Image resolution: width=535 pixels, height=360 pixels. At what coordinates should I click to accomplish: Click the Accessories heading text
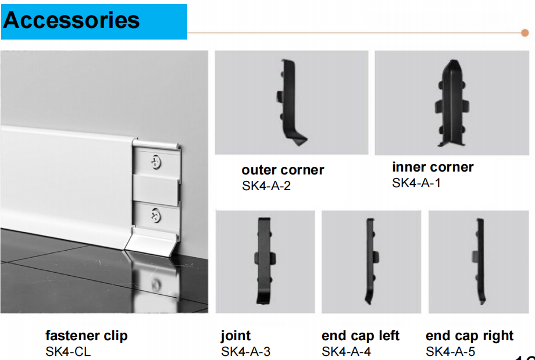click(x=72, y=20)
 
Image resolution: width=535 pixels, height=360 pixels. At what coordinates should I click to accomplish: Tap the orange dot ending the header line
click(x=525, y=33)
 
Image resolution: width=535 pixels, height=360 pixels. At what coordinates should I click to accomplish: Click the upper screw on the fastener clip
click(x=156, y=162)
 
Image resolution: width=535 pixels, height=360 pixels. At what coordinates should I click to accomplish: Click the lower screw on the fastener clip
click(x=156, y=215)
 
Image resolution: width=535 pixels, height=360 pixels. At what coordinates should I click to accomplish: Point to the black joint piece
click(x=265, y=261)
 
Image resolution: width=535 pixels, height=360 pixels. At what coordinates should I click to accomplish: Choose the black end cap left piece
click(x=371, y=261)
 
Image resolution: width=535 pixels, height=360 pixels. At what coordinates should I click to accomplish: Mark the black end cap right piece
click(x=479, y=261)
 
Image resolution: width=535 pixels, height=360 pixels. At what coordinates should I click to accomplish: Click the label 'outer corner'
click(x=283, y=170)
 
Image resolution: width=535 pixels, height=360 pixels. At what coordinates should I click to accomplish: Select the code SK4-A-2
click(x=266, y=186)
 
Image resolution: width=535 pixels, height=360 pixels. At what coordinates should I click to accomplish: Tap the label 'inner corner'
click(x=433, y=167)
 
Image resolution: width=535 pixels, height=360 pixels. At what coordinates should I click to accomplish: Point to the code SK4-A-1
click(x=416, y=183)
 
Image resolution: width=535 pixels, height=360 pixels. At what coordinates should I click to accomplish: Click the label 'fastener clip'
click(x=86, y=336)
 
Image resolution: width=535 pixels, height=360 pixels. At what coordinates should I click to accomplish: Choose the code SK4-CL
click(x=68, y=351)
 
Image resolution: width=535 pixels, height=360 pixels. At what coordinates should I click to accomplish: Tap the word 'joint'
click(x=236, y=336)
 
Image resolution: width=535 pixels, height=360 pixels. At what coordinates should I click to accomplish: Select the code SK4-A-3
click(x=245, y=351)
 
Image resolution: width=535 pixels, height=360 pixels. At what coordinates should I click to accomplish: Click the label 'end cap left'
click(x=361, y=336)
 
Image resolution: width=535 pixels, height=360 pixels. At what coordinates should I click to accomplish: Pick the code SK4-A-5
click(x=450, y=351)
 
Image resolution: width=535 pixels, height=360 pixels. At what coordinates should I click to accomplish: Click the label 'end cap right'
click(x=469, y=336)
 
